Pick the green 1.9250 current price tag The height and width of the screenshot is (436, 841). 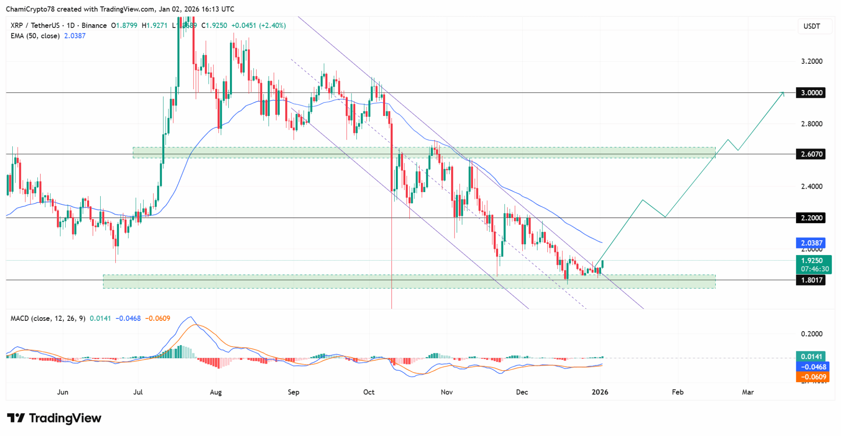click(x=813, y=264)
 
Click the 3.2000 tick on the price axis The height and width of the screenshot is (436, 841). click(x=812, y=62)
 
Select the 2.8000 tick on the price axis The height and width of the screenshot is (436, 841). click(x=812, y=124)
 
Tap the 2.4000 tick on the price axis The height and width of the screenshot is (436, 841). click(x=812, y=186)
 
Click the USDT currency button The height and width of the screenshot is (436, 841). click(x=811, y=26)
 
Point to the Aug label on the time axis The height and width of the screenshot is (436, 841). click(x=216, y=392)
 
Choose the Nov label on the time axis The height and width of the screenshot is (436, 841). click(x=447, y=392)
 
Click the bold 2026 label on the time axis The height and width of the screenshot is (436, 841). click(x=600, y=392)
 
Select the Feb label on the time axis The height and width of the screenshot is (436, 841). click(x=678, y=392)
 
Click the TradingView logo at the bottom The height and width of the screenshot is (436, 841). click(x=54, y=418)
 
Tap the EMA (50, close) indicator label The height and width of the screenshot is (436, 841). click(x=35, y=36)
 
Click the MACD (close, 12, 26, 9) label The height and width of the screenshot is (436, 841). click(x=48, y=318)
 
